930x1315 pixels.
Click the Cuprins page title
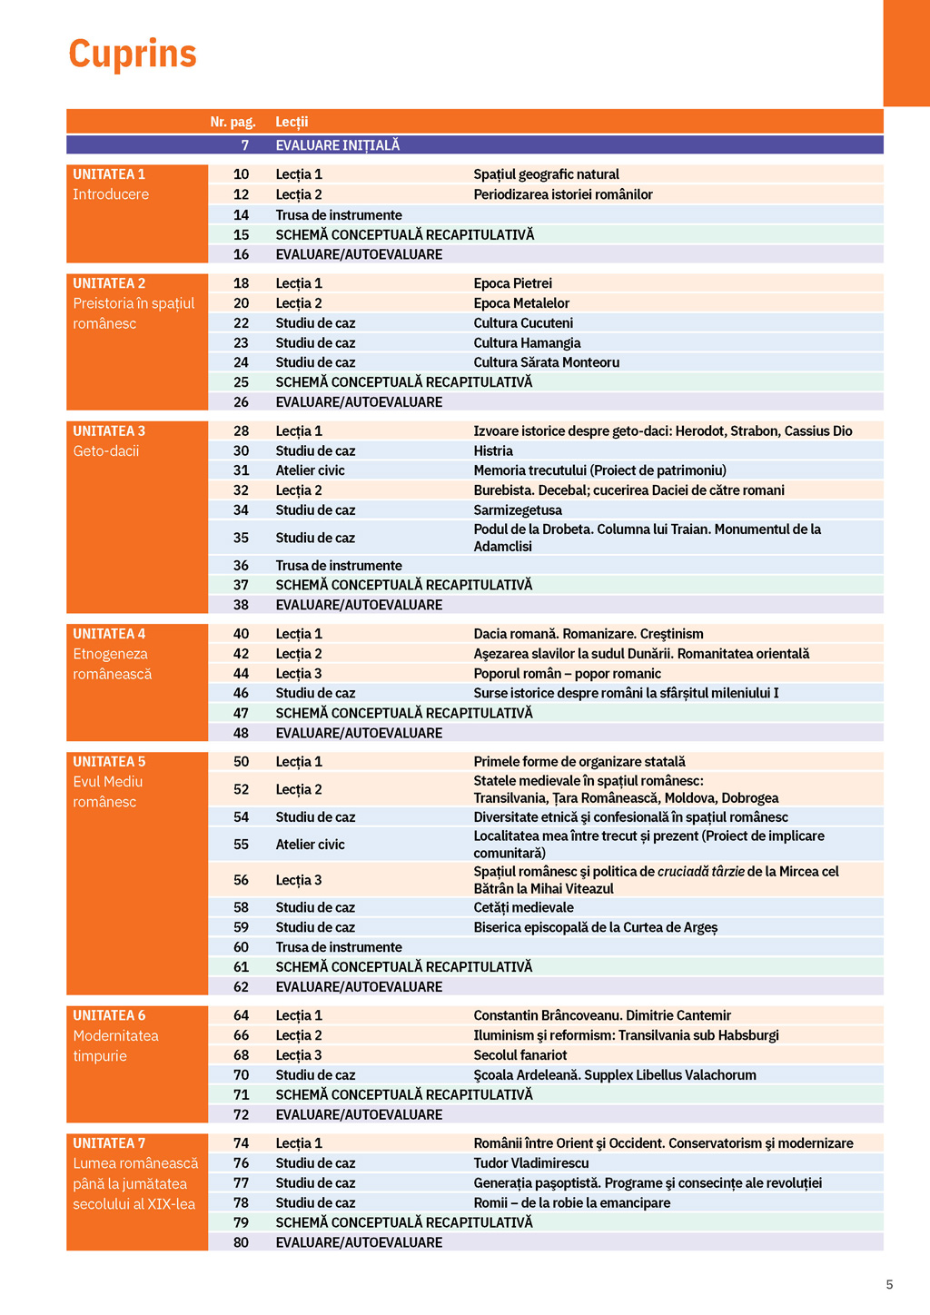133,54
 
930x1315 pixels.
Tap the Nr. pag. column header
232,122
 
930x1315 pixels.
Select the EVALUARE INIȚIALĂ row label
337,145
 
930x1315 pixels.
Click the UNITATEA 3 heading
109,431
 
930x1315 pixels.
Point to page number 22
241,323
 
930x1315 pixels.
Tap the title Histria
493,451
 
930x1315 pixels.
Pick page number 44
241,674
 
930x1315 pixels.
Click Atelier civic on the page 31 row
310,470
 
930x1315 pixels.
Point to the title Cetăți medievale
523,907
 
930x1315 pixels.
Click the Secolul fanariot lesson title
519,1055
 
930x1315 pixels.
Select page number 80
241,1242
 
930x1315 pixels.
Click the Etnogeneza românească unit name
112,664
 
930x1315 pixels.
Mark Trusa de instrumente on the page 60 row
339,947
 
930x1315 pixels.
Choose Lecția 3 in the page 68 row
299,1055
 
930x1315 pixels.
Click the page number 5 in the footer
889,1284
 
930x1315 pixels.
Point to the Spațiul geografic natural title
546,174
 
